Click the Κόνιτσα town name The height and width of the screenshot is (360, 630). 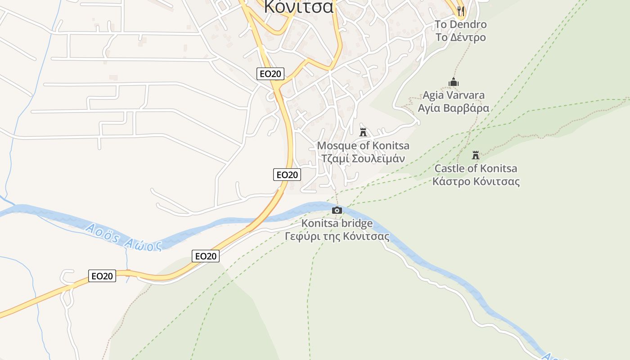(x=299, y=6)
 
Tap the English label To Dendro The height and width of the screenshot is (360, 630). (x=460, y=24)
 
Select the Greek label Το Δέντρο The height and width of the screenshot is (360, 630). (x=460, y=37)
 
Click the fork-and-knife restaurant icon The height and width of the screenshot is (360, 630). (x=460, y=10)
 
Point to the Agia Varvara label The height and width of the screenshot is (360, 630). (x=453, y=95)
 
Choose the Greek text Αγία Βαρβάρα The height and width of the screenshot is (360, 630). (x=453, y=108)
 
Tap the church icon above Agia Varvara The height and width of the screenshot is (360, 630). (x=453, y=82)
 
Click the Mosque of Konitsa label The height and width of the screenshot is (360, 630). (x=363, y=146)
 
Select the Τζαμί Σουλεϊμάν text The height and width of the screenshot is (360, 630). (x=363, y=158)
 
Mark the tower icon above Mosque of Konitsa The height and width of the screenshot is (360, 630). (x=363, y=132)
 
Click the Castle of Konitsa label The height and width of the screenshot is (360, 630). (x=476, y=169)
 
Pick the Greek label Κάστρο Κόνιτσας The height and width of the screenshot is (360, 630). (x=476, y=181)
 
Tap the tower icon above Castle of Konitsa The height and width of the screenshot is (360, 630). (x=476, y=156)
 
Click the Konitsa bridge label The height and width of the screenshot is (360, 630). (x=337, y=223)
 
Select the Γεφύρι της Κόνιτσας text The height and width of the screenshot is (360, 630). (x=337, y=236)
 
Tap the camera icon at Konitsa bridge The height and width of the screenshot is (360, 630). (x=337, y=210)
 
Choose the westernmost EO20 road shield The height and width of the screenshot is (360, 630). (x=102, y=276)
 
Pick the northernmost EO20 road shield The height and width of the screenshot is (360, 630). (x=270, y=74)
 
